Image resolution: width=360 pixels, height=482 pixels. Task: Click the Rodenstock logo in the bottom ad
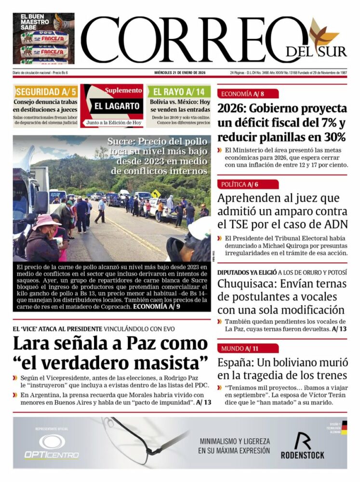[302, 445]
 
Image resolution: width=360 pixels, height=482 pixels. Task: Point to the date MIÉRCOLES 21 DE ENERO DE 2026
[180, 73]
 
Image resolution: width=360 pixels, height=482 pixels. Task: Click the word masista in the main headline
[167, 361]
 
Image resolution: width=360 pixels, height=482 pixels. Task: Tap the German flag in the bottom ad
[344, 428]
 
